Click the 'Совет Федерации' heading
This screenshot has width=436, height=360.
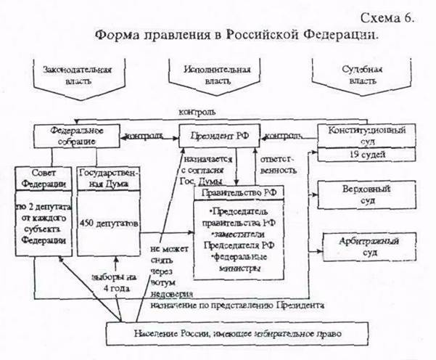tap(44, 179)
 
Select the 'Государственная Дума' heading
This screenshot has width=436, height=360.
tap(107, 179)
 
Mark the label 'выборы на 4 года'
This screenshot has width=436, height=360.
tap(115, 280)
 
